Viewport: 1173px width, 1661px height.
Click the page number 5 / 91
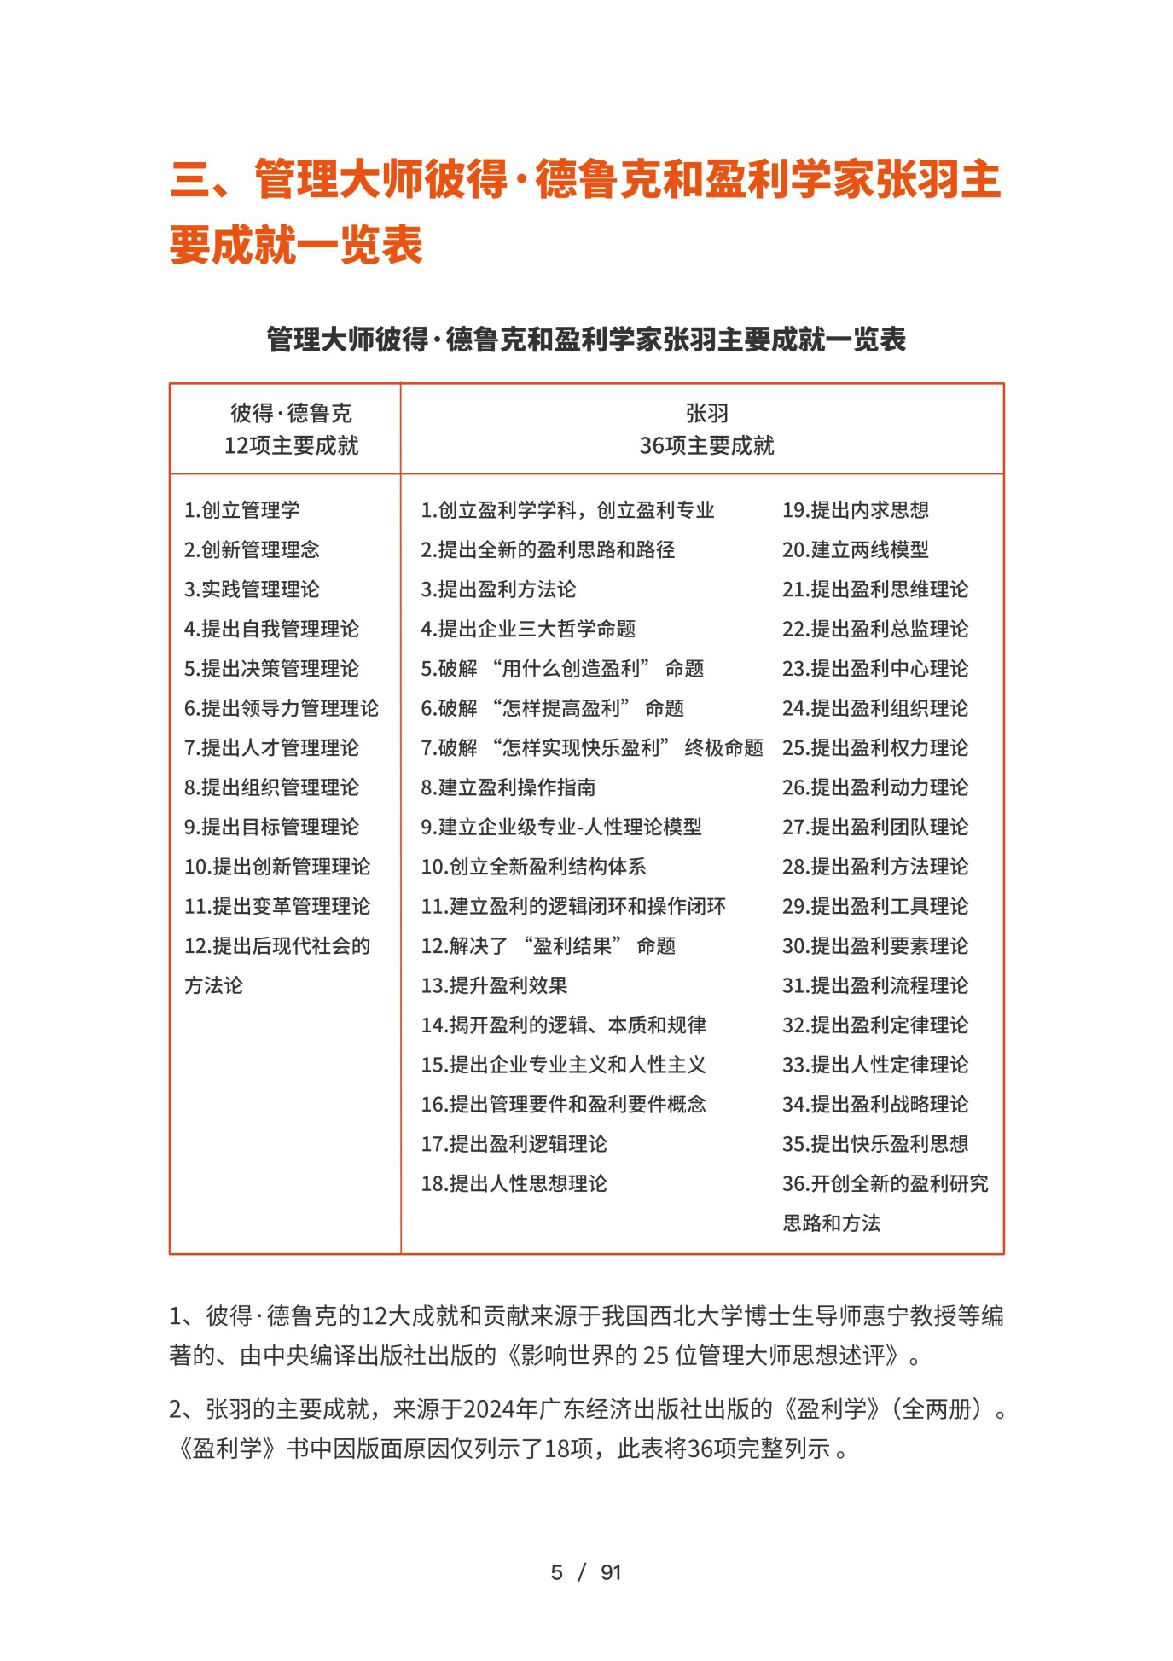(x=586, y=1572)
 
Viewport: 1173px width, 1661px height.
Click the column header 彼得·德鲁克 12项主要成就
(x=291, y=429)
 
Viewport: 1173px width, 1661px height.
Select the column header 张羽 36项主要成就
(x=706, y=429)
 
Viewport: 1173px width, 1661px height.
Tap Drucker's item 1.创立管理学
(x=242, y=510)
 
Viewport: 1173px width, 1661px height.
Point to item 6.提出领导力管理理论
(x=282, y=708)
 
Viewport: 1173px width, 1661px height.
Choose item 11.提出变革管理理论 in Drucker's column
(x=277, y=906)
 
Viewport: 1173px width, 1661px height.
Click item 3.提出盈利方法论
(x=498, y=589)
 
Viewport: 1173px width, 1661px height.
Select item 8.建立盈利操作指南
(x=508, y=787)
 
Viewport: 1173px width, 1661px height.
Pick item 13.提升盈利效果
(x=495, y=985)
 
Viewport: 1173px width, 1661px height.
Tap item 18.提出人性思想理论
(x=514, y=1183)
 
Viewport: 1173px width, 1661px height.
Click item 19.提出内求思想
(x=856, y=510)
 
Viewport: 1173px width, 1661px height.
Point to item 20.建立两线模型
(x=856, y=549)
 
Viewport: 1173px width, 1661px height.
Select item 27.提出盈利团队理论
(x=875, y=827)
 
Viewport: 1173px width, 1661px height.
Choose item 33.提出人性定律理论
(x=875, y=1065)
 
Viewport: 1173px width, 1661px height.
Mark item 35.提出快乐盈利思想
(x=875, y=1144)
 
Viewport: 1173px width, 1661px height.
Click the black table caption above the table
(x=586, y=340)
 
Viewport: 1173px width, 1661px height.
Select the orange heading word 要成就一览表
(x=296, y=246)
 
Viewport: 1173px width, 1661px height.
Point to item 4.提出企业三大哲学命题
(x=528, y=629)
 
